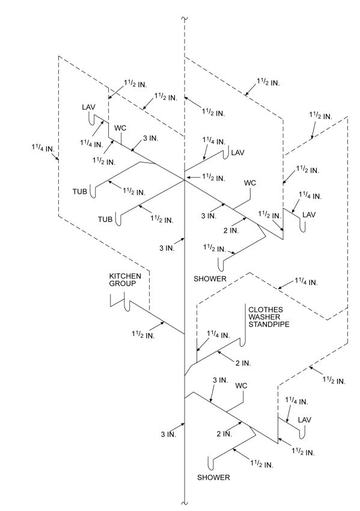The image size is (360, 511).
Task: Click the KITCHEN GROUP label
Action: coord(124,280)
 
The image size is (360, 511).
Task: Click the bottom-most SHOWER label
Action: coord(213,478)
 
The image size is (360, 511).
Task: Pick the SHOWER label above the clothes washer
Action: coord(209,279)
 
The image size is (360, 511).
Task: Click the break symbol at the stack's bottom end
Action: coord(185,500)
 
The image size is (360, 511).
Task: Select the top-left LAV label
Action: coord(88,107)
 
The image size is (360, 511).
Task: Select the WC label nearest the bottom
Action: coord(242,385)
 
